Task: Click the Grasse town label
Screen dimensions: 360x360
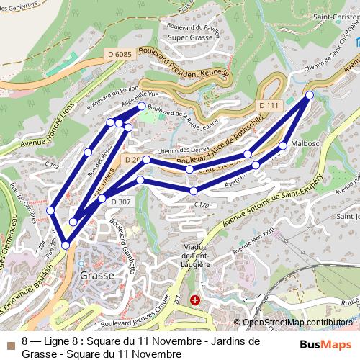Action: (x=96, y=275)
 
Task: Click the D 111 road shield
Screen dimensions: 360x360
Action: (x=267, y=106)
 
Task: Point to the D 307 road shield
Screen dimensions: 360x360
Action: (x=121, y=202)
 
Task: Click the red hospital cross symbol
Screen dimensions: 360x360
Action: (x=194, y=299)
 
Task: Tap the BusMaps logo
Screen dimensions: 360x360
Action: (x=326, y=344)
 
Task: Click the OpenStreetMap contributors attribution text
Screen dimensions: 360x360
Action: (x=296, y=323)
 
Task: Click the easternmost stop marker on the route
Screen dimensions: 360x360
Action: (x=310, y=95)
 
